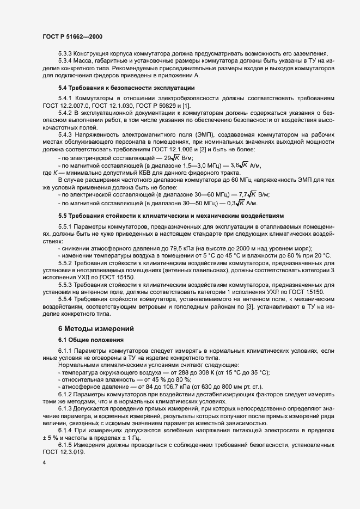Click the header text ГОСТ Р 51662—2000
pos(72,36)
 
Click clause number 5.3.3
pos(66,53)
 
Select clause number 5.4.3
pos(66,134)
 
